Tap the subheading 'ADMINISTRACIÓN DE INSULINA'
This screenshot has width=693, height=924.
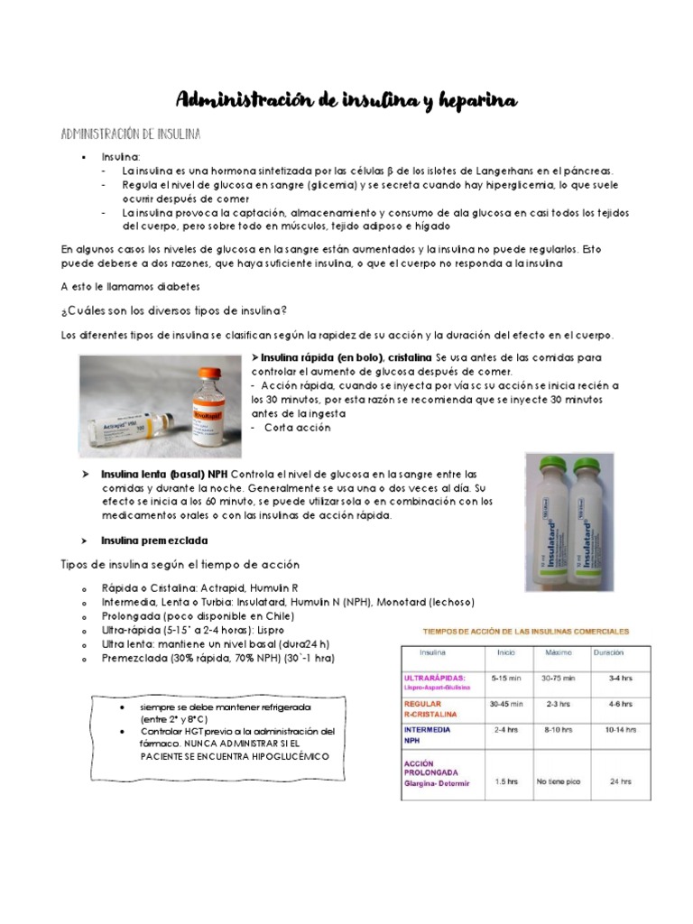[131, 134]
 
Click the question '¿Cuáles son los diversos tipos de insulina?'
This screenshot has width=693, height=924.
[173, 311]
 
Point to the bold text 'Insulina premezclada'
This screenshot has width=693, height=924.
[154, 541]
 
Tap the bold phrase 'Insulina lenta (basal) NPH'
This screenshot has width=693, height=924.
[163, 475]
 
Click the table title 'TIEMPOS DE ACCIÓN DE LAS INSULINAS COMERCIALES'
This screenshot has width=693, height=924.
[515, 632]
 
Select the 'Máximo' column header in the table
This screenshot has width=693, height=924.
[559, 652]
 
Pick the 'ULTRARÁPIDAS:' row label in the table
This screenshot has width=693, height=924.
[435, 677]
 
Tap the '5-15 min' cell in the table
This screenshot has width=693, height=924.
[504, 676]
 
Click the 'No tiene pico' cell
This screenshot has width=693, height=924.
[559, 781]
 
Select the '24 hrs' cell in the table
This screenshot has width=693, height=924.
[619, 781]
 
